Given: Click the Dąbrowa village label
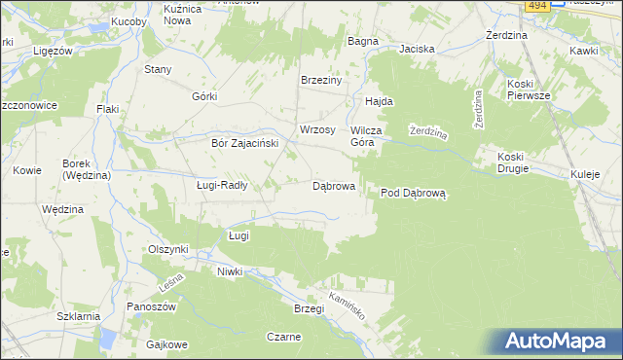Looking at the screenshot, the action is [x=333, y=185].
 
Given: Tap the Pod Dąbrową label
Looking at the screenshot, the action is [x=412, y=193].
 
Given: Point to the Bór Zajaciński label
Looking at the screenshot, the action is [x=245, y=142].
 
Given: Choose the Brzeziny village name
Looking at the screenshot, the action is [x=321, y=81].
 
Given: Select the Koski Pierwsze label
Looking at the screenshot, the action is [x=528, y=90].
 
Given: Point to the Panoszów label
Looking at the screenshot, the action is [x=150, y=306].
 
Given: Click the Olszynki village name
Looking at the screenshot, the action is [x=167, y=249].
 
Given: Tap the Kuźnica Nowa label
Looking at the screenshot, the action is [x=189, y=14].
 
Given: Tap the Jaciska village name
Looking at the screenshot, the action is [x=416, y=48].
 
